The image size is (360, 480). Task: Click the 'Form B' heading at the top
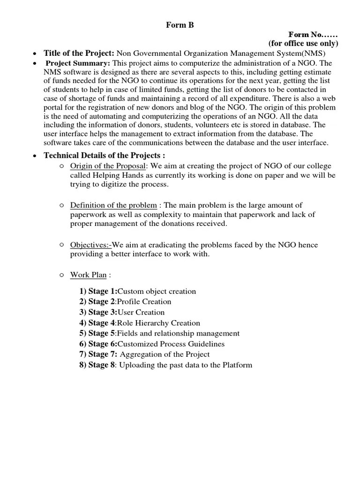[180, 26]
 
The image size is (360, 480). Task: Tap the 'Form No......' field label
[313, 35]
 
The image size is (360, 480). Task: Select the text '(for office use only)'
[303, 44]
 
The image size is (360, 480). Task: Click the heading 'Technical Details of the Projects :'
[104, 156]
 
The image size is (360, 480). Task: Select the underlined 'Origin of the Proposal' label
[108, 166]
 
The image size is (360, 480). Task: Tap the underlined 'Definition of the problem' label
[113, 205]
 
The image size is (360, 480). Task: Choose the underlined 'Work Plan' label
[88, 275]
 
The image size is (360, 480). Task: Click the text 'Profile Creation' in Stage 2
[144, 301]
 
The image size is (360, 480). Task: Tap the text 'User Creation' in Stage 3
[141, 312]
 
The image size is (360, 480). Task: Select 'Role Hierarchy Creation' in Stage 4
[158, 323]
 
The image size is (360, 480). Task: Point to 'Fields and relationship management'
[178, 333]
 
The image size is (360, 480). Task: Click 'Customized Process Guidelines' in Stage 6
[171, 344]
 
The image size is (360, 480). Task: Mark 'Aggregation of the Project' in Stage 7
[165, 354]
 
